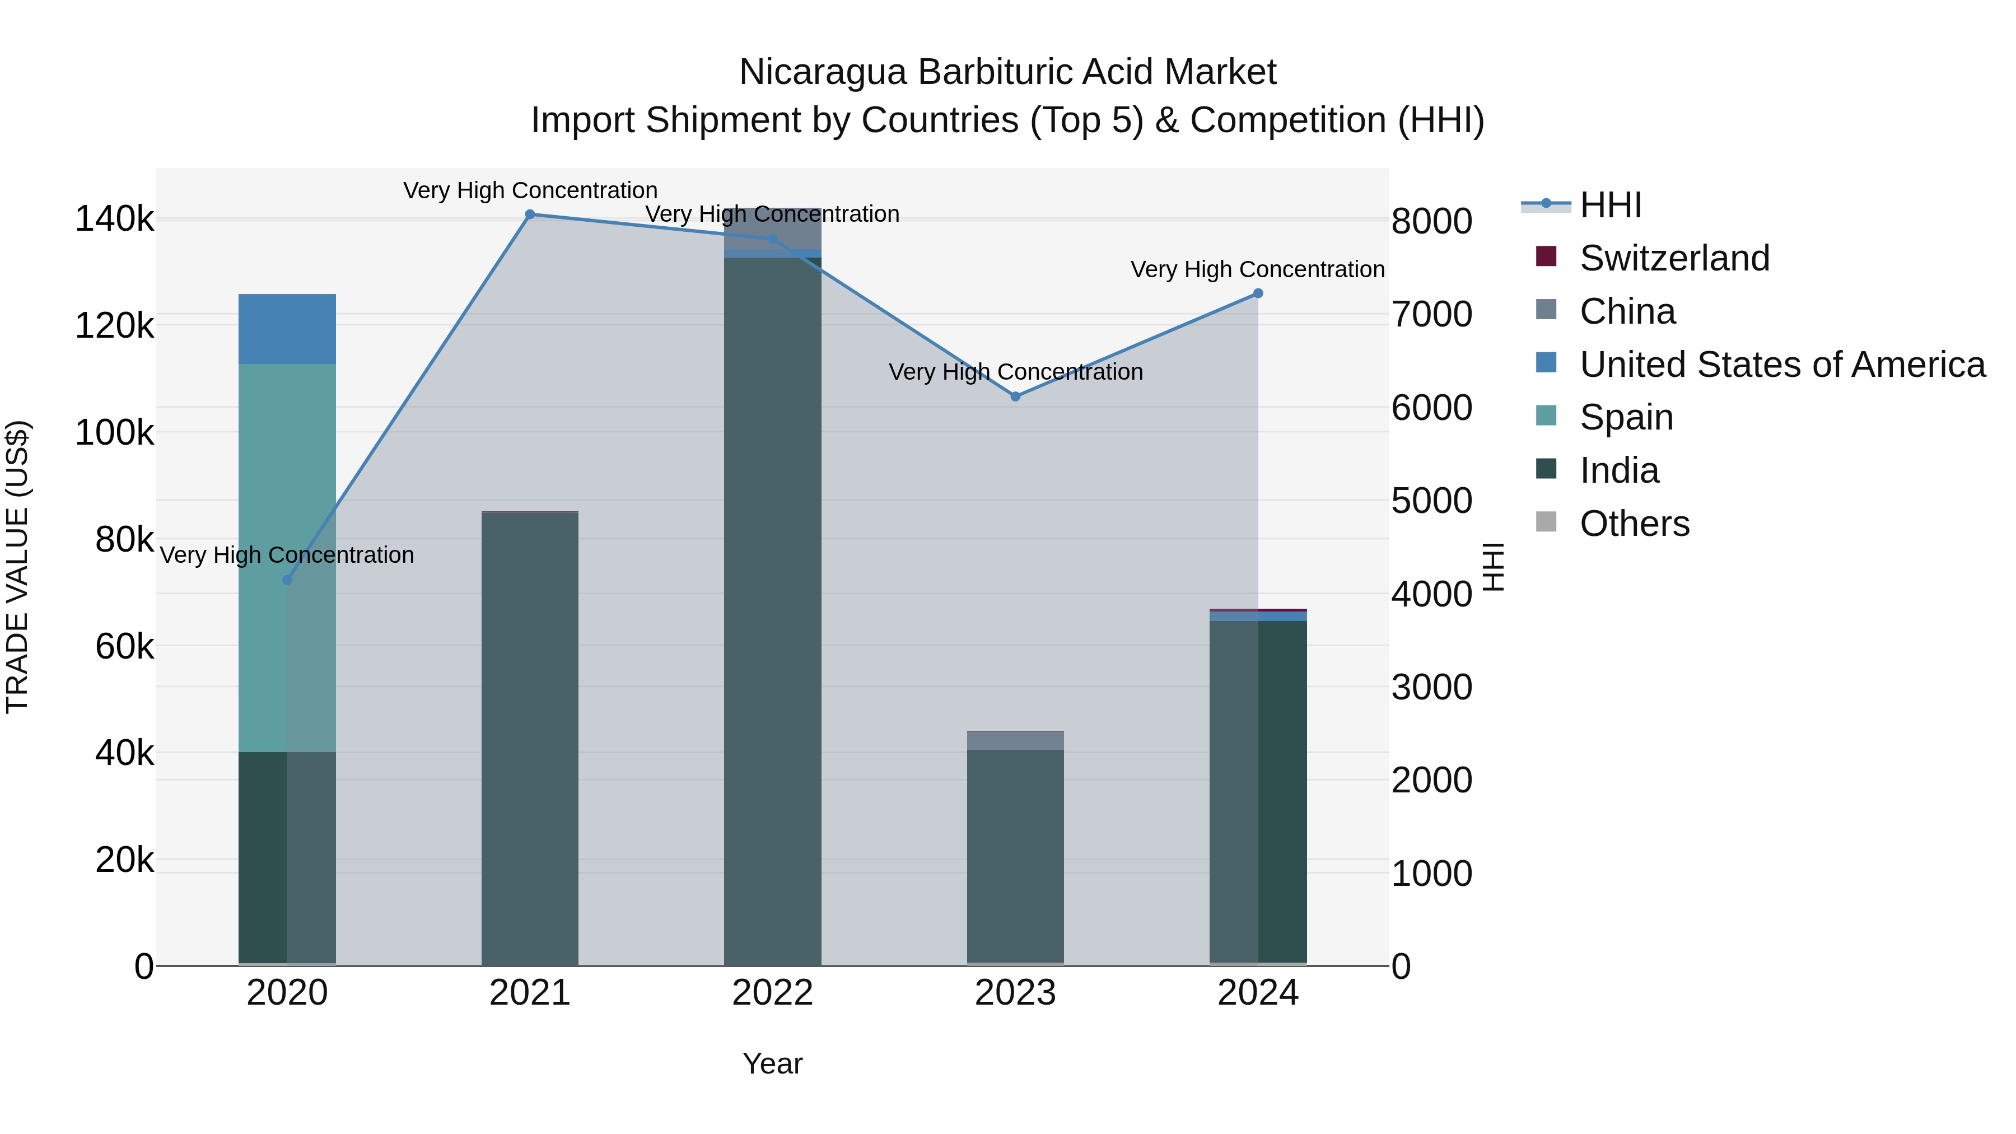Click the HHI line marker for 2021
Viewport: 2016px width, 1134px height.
point(530,214)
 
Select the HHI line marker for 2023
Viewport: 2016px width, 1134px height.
point(1015,397)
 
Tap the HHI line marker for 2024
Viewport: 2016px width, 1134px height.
point(1258,293)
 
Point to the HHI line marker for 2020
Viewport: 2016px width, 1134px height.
point(287,580)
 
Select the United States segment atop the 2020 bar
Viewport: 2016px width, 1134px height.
point(287,329)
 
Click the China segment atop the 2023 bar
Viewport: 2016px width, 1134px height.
point(1015,740)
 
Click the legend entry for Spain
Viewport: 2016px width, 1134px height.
point(1626,417)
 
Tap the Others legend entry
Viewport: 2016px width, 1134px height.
point(1634,524)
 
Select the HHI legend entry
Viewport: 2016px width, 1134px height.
point(1610,205)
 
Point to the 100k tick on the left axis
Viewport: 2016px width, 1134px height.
point(114,432)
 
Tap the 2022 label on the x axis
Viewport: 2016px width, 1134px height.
point(772,993)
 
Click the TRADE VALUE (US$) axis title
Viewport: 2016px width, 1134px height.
point(17,567)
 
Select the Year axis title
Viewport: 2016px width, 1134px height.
point(772,1063)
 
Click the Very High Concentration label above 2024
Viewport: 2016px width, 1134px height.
point(1258,269)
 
